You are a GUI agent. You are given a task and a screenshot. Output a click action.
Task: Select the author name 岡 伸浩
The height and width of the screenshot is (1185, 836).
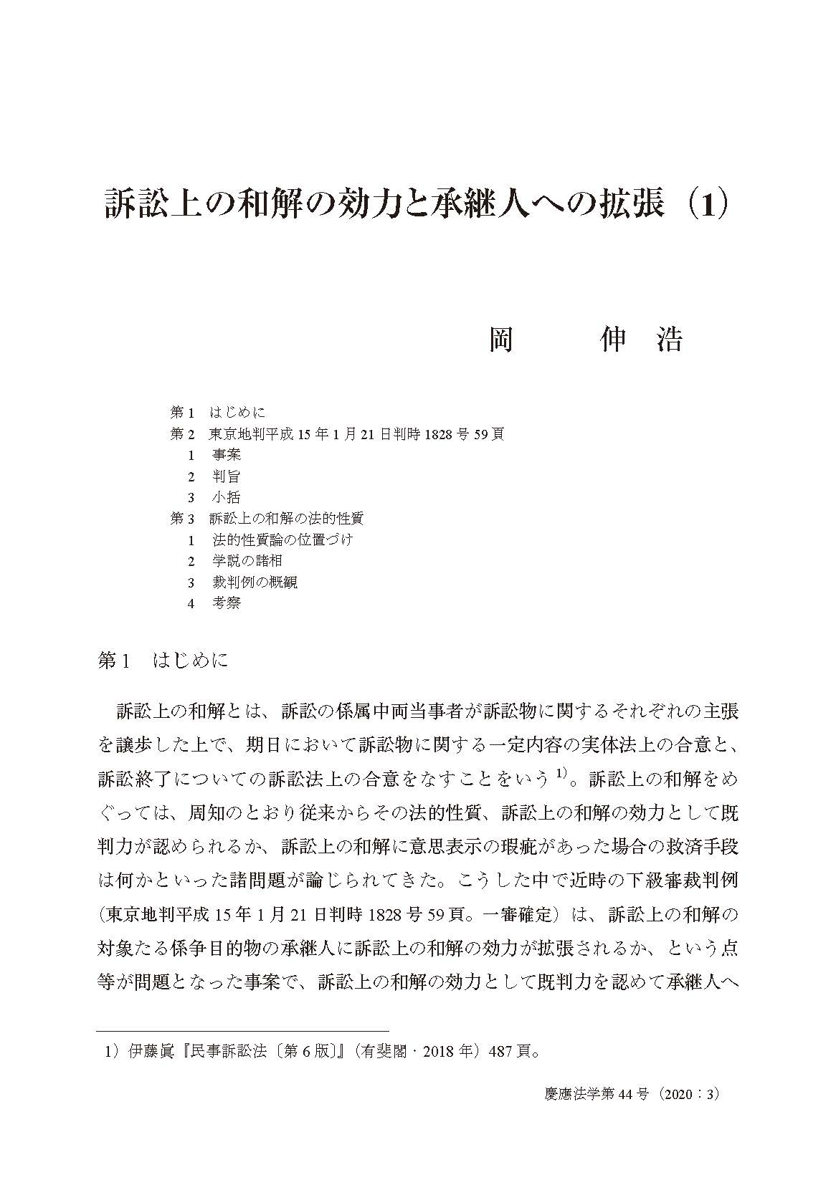585,340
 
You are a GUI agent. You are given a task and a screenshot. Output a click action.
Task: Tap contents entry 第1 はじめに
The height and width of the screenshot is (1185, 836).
218,412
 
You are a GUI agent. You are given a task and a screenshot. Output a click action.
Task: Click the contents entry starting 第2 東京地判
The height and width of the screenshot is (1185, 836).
337,433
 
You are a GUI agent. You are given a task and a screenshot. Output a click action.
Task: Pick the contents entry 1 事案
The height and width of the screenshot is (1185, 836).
215,455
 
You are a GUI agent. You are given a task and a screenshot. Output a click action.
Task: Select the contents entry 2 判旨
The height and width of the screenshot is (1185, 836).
215,476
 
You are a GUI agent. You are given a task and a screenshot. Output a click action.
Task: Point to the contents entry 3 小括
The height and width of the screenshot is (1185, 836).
215,498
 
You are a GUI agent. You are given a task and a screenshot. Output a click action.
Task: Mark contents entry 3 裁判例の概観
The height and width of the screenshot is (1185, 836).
243,582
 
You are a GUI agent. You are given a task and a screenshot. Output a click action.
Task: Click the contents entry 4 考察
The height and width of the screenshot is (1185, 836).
215,603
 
